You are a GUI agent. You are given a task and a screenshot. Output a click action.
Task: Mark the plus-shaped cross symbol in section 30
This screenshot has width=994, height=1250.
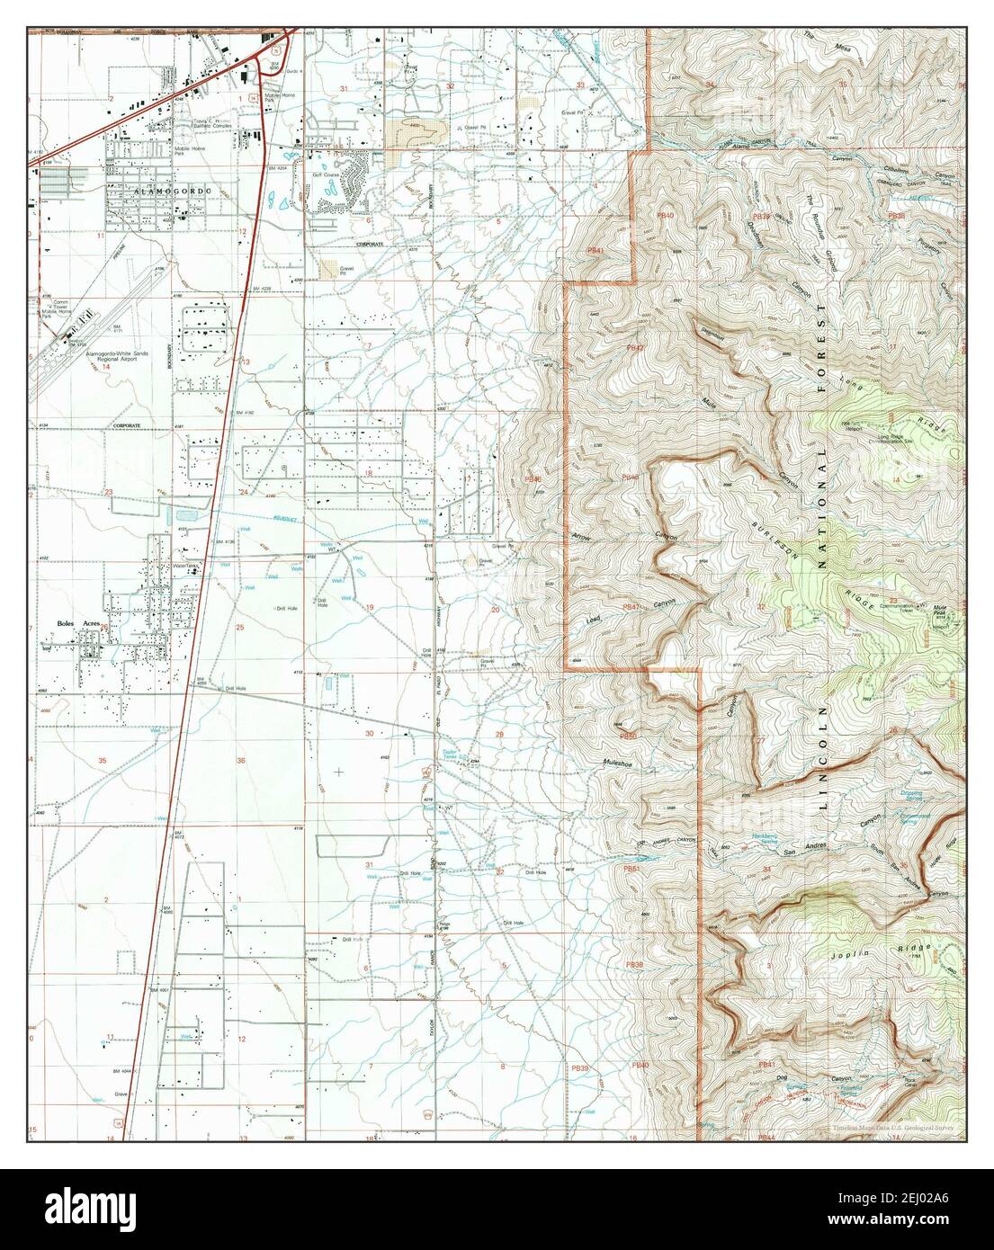coord(338,771)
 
